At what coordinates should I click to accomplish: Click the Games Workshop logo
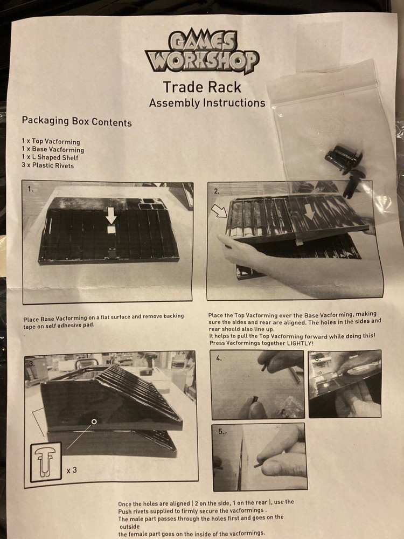tap(202, 52)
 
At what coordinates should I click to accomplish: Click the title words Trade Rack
tap(202, 87)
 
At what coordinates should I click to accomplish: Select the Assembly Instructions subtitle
tap(207, 103)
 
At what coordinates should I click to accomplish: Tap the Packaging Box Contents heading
tap(76, 121)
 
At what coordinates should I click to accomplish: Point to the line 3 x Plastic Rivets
tap(47, 165)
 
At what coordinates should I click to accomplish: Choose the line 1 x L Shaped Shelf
tap(50, 157)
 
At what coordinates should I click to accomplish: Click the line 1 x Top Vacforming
tap(51, 141)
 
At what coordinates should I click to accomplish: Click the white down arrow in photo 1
tap(110, 215)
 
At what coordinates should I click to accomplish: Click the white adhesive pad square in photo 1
tap(111, 230)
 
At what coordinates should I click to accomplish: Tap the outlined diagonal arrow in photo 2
tap(219, 211)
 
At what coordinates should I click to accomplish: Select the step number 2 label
tap(217, 191)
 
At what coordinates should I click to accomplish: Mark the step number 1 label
tap(31, 189)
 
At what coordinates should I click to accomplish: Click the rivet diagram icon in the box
tap(46, 462)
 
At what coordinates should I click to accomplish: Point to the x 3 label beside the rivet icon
tap(72, 470)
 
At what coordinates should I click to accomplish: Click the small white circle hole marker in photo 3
tap(94, 421)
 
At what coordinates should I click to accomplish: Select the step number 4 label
tap(219, 358)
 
